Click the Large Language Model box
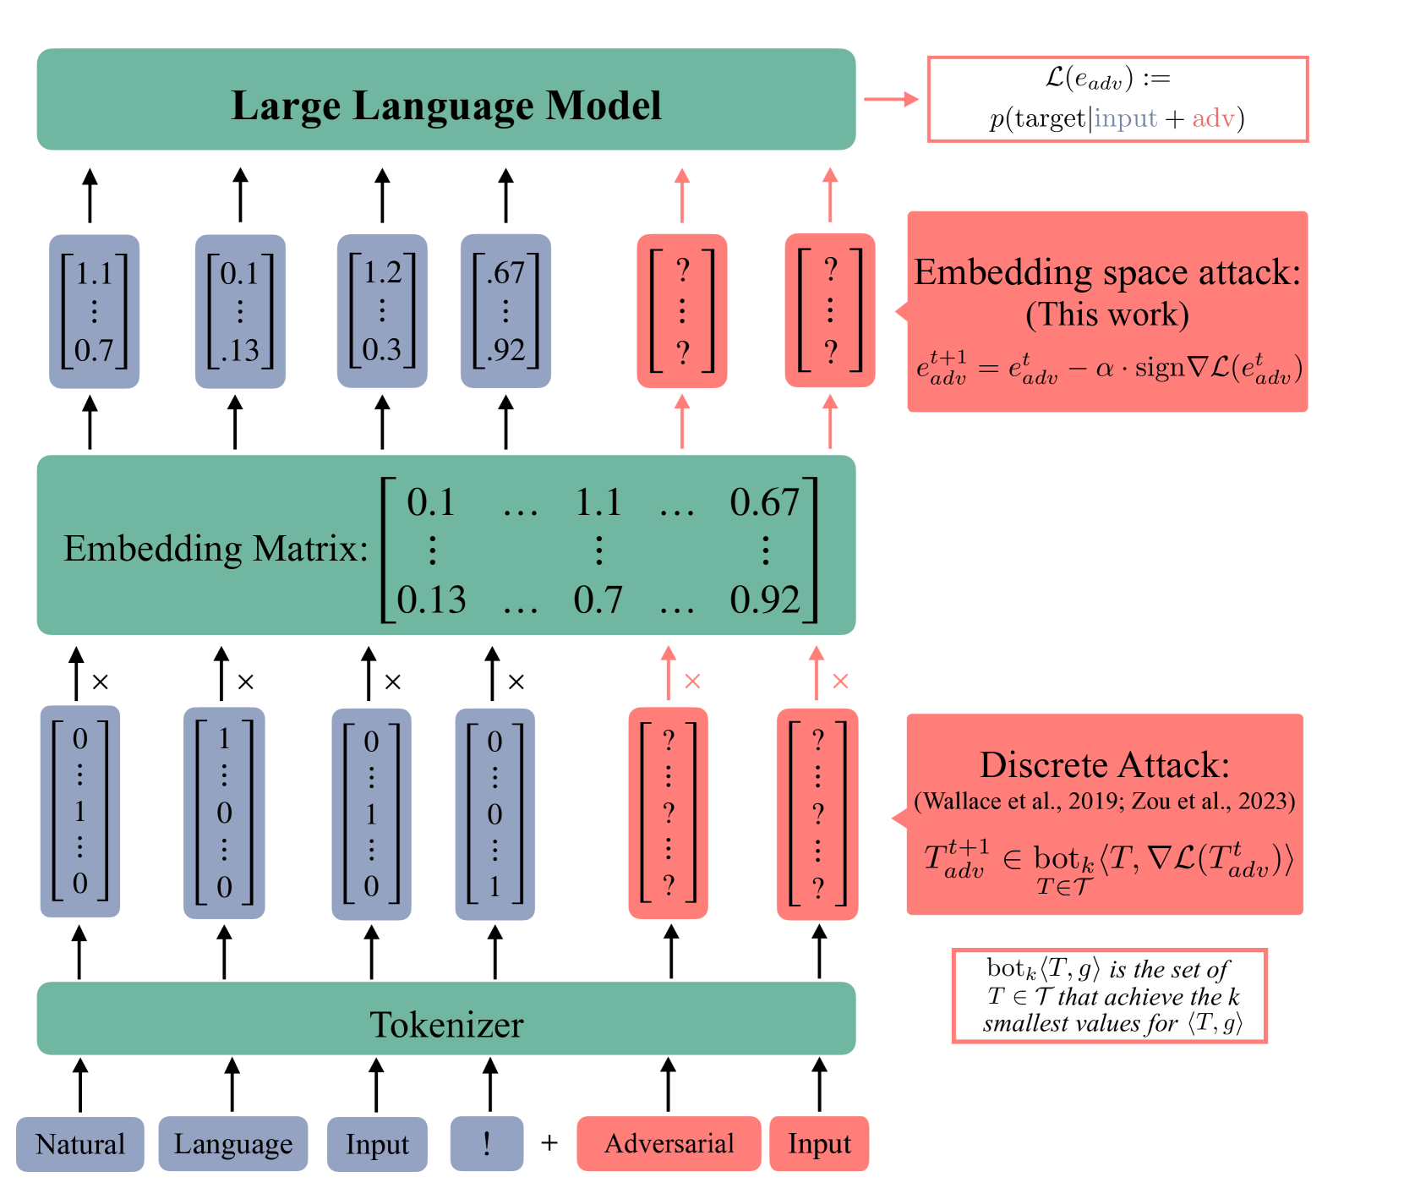(446, 99)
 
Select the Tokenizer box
(446, 1018)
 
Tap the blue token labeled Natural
(80, 1144)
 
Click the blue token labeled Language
(233, 1144)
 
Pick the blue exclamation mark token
(487, 1144)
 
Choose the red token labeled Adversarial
(669, 1144)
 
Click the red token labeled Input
(819, 1144)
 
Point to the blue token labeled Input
(377, 1144)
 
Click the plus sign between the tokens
(549, 1143)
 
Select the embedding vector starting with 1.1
(94, 311)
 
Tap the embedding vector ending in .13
(240, 311)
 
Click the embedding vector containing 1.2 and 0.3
(382, 311)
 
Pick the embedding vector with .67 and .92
(505, 311)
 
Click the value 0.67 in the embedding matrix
(764, 502)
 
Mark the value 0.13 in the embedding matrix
(432, 599)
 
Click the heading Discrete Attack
(1105, 764)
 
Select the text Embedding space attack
(1107, 272)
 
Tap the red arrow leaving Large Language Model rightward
(891, 99)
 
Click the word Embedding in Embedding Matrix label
(152, 550)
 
